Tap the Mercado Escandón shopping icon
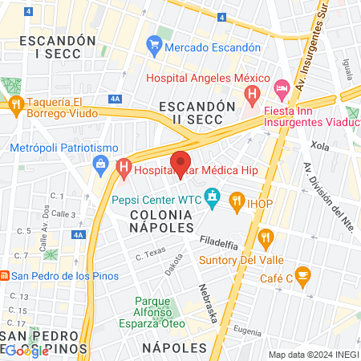(154, 47)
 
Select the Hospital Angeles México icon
(252, 95)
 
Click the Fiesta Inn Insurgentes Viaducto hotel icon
(282, 86)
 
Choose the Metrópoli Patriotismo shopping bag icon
(101, 166)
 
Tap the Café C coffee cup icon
(302, 276)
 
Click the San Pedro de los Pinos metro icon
(5, 276)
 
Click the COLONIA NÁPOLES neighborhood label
(163, 222)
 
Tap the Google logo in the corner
(26, 350)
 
